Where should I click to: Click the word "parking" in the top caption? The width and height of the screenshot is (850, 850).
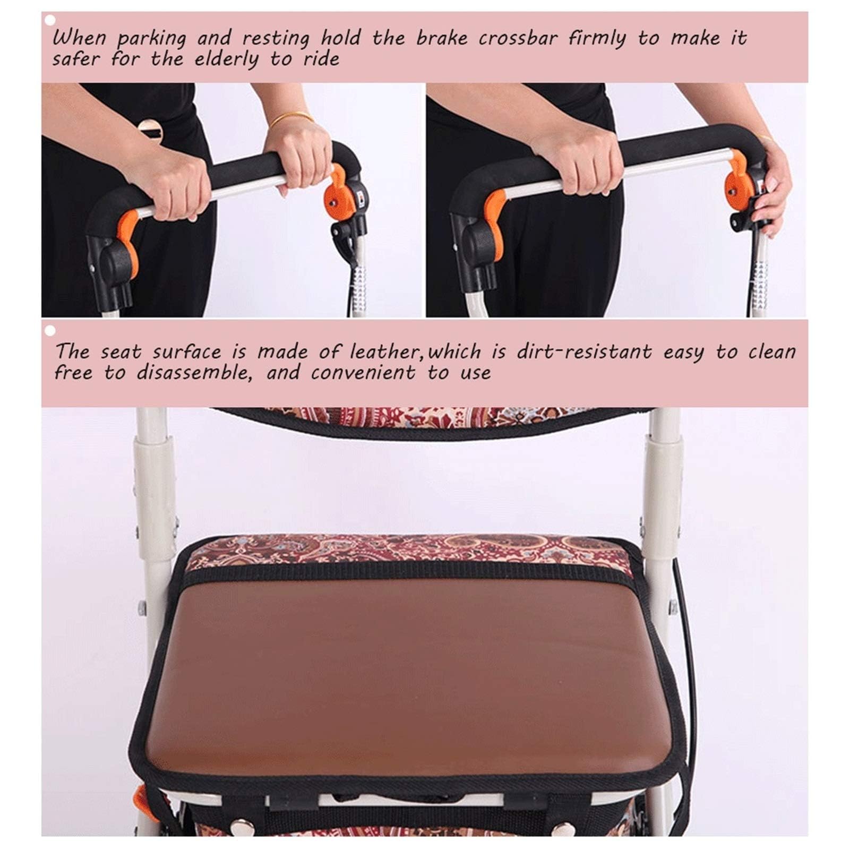[x=151, y=39]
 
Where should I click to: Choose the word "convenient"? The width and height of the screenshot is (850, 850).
[x=363, y=373]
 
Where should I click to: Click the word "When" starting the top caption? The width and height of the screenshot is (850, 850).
[x=79, y=39]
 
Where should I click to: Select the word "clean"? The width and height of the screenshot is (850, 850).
[x=772, y=352]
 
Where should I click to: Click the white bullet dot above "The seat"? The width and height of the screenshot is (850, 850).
[x=50, y=331]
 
